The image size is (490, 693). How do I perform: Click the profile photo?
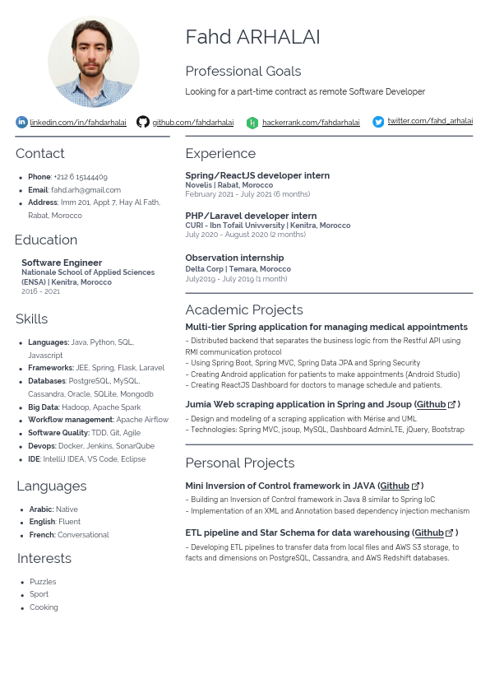(93, 62)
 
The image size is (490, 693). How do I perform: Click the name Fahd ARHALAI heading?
(252, 37)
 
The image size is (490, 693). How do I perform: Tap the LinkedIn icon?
(21, 122)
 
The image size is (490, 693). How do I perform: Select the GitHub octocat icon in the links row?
(143, 122)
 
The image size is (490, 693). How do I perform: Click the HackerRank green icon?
(252, 123)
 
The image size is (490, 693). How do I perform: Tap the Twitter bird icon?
(378, 122)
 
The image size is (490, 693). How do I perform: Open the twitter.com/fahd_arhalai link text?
(430, 122)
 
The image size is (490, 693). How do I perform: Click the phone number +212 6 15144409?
(80, 177)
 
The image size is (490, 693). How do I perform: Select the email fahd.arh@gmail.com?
(86, 190)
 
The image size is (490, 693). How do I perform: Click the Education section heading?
(46, 240)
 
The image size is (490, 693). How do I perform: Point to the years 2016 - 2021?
(40, 291)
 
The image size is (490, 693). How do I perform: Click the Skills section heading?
(32, 319)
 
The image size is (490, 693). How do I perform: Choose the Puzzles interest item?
(43, 582)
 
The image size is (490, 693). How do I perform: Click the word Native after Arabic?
(67, 509)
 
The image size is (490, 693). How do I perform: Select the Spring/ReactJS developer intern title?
(257, 175)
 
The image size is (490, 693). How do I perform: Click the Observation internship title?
(234, 258)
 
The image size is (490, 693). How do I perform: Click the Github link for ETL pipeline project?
(429, 533)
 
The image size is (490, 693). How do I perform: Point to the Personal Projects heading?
(239, 463)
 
